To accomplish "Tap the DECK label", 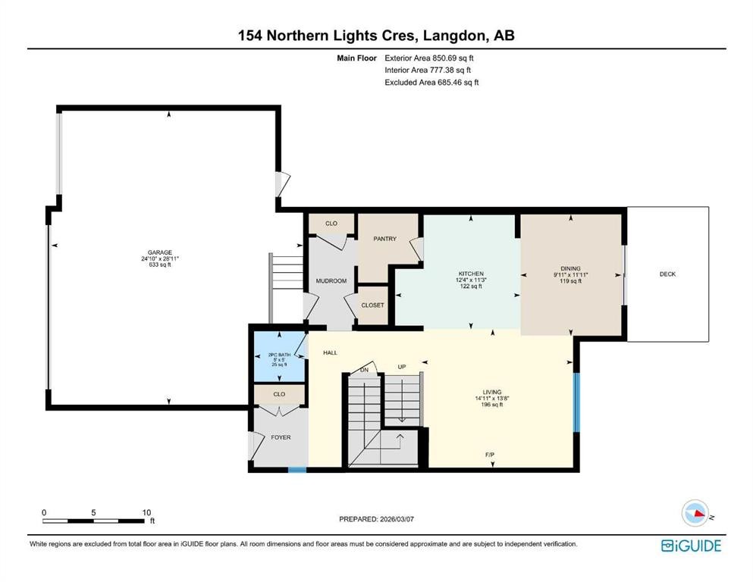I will point(667,274).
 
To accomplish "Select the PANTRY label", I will point(385,239).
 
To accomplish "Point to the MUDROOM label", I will point(331,281).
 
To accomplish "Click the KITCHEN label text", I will point(471,274).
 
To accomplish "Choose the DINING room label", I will point(570,268).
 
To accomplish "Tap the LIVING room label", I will point(491,393).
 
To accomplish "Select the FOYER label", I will point(281,437).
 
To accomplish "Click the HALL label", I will point(330,353).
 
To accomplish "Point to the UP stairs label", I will point(403,367).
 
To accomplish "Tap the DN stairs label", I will point(364,369).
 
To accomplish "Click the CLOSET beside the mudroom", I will point(372,305).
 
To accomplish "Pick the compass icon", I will point(694,513).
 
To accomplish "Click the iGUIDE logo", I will point(691,545).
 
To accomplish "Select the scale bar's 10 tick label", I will point(146,512).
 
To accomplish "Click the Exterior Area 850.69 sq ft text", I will point(429,58).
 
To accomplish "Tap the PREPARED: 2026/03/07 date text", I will point(375,519).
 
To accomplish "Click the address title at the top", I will point(376,35).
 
